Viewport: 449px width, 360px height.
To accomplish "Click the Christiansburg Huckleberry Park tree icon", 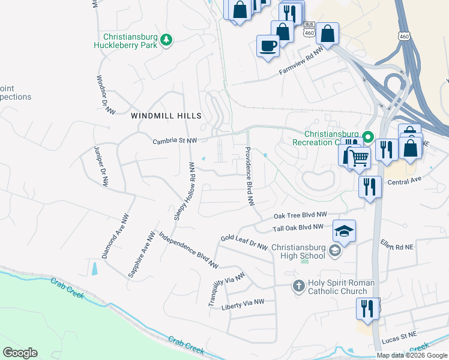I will pos(166,40).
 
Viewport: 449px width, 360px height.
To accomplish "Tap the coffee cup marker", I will pos(268,46).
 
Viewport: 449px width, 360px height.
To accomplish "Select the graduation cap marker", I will pos(344,231).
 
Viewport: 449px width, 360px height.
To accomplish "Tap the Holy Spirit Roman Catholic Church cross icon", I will pos(298,286).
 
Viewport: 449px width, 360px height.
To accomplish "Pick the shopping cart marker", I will pos(359,158).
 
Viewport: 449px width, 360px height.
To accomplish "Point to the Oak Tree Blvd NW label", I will pos(300,215).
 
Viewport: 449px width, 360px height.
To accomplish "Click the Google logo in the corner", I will pos(20,352).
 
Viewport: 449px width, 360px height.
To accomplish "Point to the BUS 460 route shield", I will pos(309,29).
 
